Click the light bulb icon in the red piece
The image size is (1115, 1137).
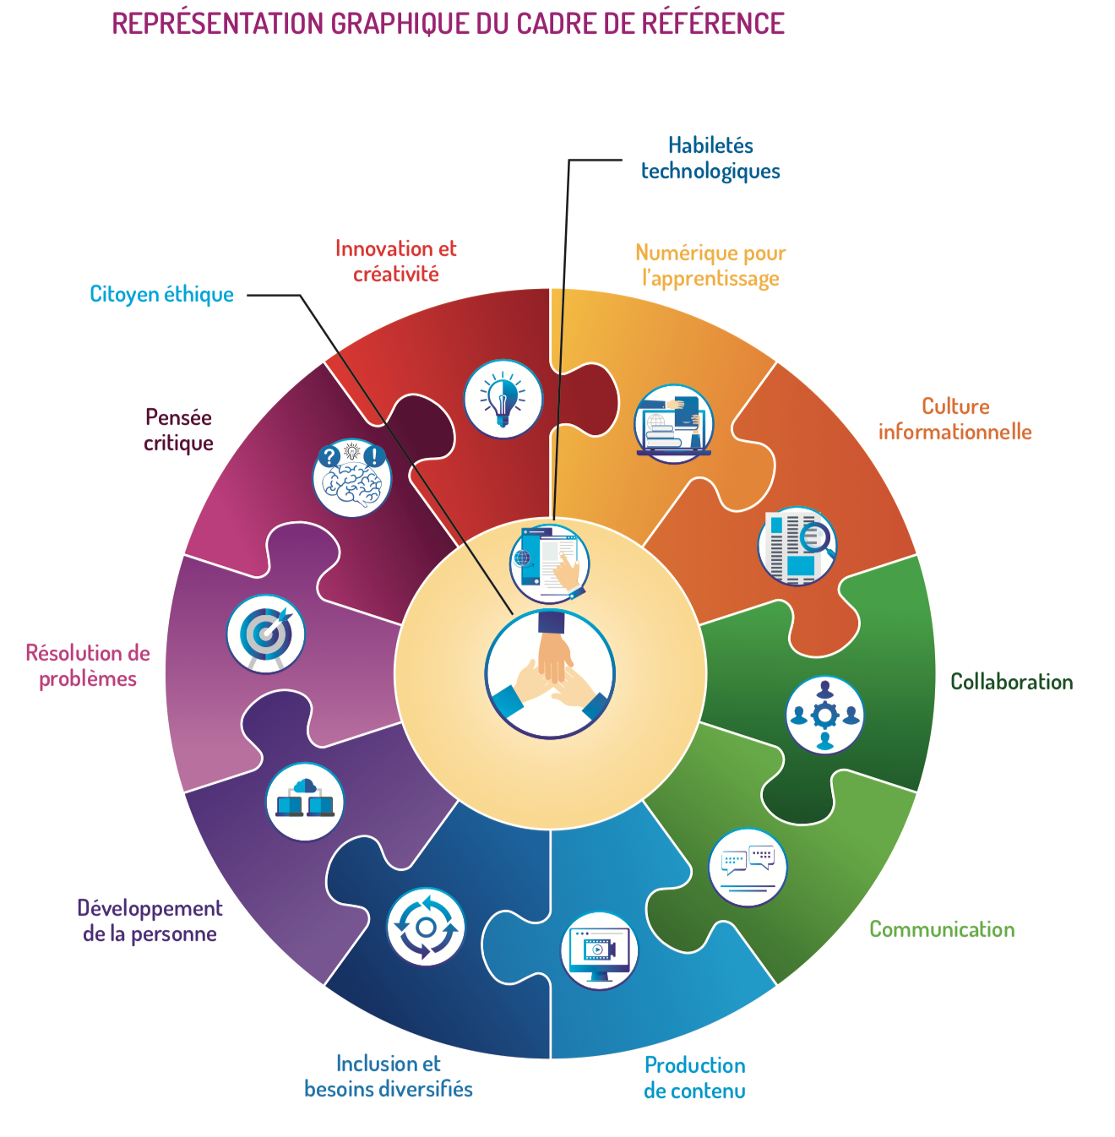(x=503, y=399)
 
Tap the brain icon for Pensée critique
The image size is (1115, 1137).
(x=352, y=478)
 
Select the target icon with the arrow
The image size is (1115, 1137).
(x=266, y=634)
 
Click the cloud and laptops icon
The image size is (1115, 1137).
(x=305, y=802)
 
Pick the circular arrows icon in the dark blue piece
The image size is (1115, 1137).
(x=426, y=927)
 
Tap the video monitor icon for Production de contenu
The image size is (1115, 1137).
(x=600, y=950)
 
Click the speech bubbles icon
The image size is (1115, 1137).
(x=748, y=868)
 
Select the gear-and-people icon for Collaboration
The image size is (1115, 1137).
(x=825, y=715)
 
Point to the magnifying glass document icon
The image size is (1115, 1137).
(x=797, y=547)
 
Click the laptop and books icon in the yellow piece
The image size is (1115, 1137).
(x=673, y=424)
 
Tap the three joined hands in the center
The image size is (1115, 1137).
(x=550, y=674)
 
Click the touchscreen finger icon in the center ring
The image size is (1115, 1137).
(x=550, y=563)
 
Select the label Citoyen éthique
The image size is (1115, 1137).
(x=161, y=294)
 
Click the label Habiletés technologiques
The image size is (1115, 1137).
(x=710, y=158)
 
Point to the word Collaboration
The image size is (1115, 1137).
(x=1011, y=682)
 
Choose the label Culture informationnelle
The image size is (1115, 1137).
(x=955, y=419)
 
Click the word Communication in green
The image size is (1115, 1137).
(x=942, y=929)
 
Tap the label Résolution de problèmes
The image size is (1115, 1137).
(x=88, y=666)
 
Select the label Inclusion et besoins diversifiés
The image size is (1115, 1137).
(x=389, y=1076)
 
